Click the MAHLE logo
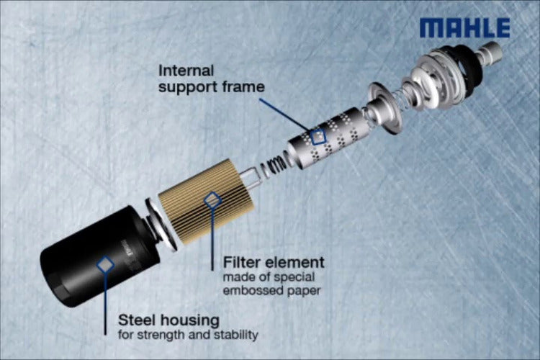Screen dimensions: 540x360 point(464,28)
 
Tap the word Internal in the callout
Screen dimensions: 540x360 point(186,71)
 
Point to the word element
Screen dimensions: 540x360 point(294,263)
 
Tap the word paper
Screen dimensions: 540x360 point(299,292)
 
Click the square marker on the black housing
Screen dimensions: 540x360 point(105,264)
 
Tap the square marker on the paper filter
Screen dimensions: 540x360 point(212,201)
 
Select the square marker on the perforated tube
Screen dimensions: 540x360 point(318,136)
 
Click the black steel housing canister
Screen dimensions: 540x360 point(101,256)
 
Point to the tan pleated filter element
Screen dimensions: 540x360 point(207,201)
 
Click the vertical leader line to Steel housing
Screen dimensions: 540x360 point(105,304)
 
